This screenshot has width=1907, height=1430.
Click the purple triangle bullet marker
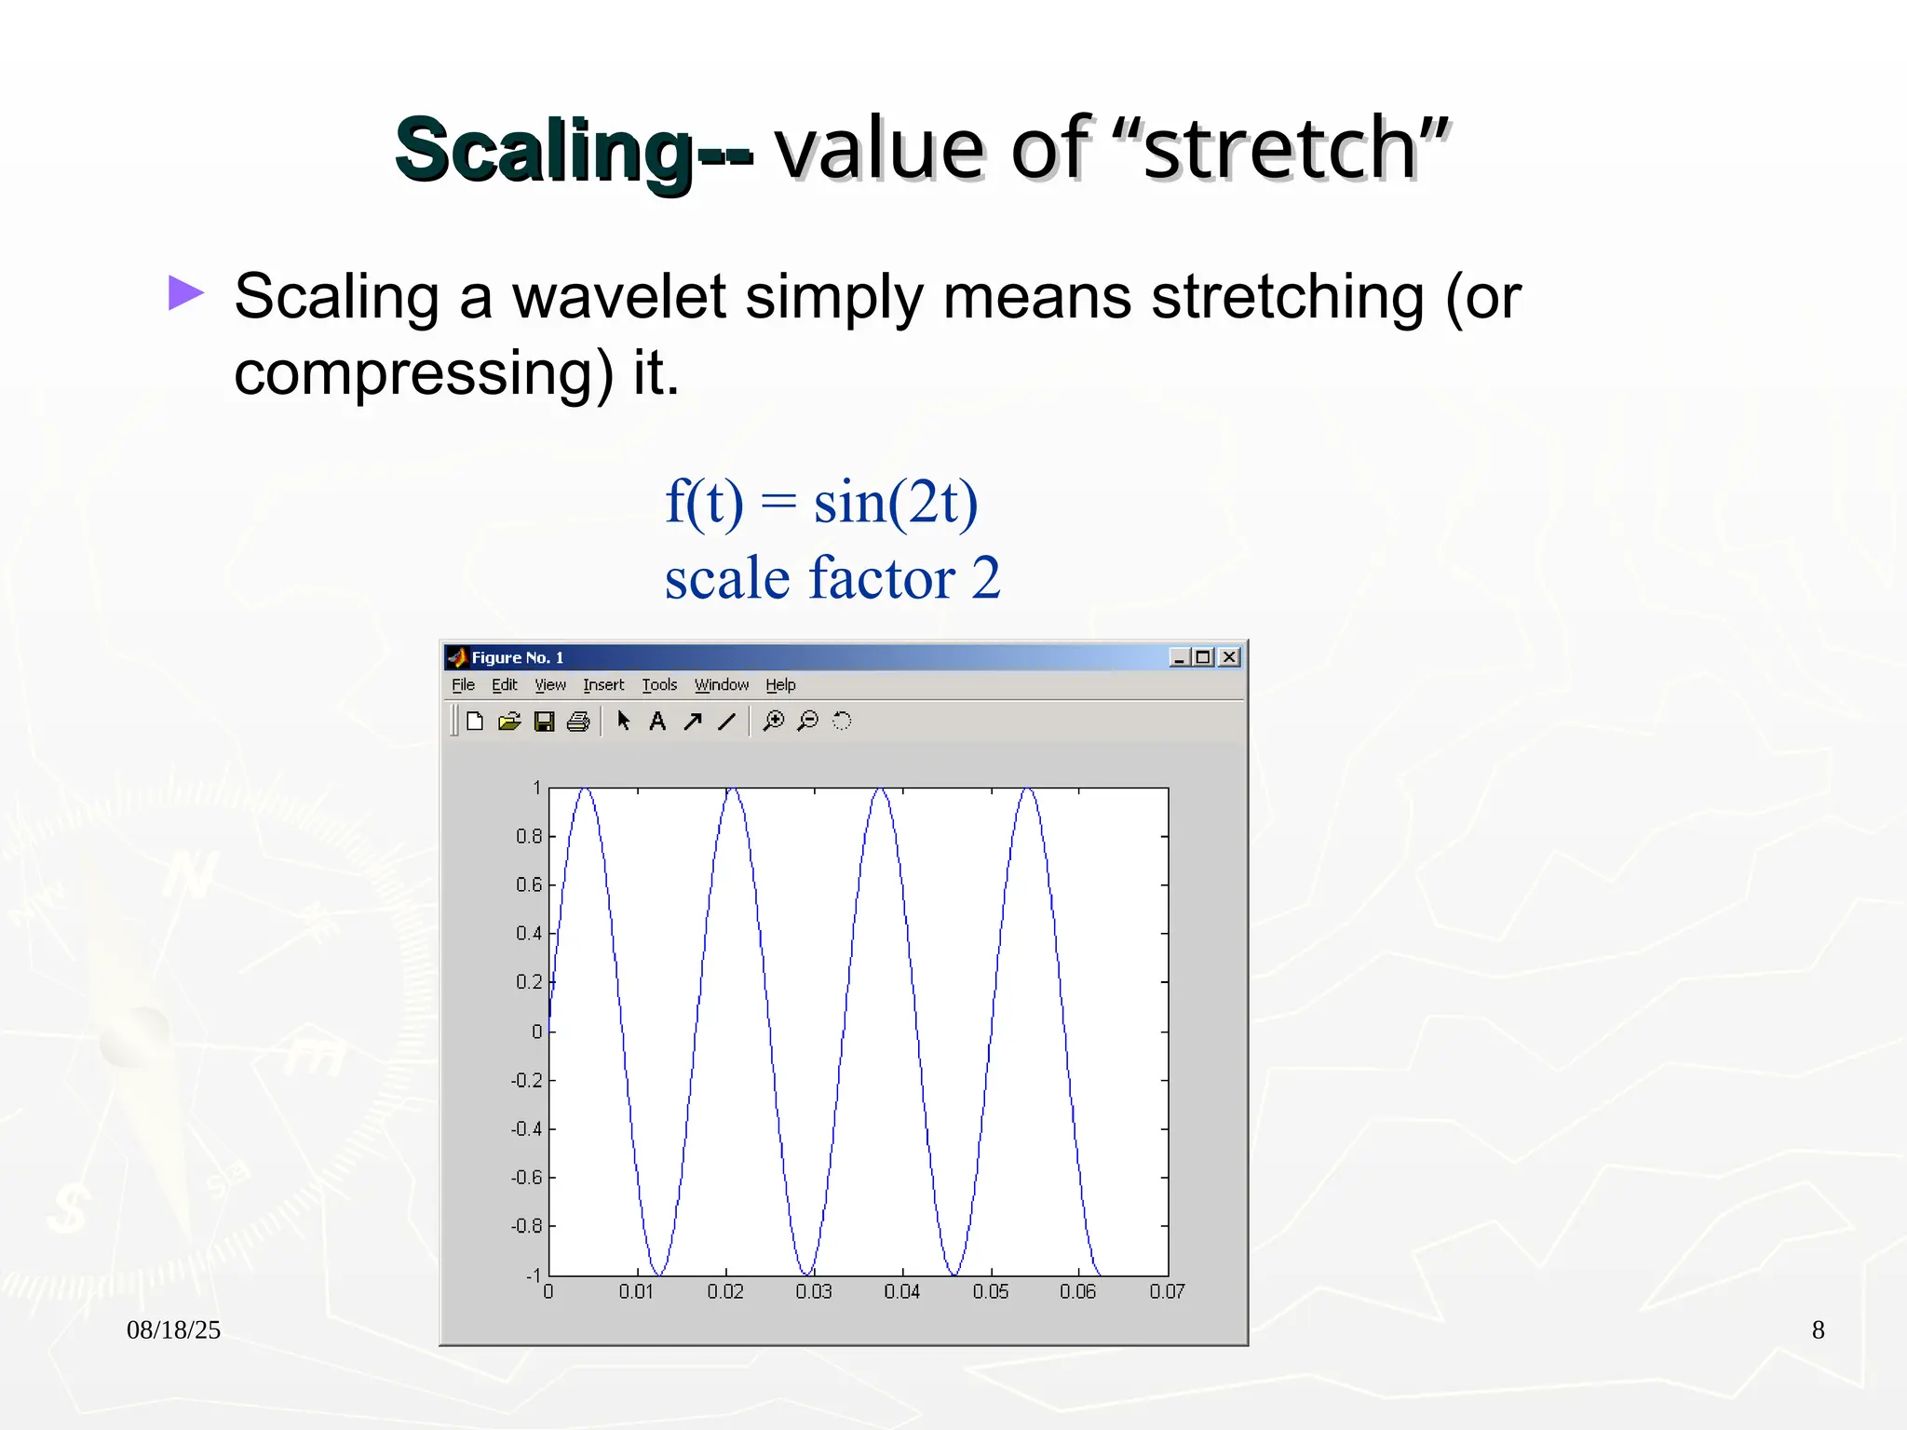(x=185, y=293)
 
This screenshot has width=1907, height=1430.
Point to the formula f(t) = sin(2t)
(x=821, y=502)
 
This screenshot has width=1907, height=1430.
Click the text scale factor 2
(x=832, y=578)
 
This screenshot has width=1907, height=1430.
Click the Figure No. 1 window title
(x=518, y=657)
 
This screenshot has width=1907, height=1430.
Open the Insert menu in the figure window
(x=603, y=685)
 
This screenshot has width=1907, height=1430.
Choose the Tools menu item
(x=659, y=685)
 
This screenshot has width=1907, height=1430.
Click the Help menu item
(x=780, y=685)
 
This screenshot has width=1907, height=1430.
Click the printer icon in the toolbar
(x=578, y=722)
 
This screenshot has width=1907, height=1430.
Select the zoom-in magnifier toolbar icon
(x=773, y=722)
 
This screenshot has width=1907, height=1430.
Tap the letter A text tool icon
(x=657, y=722)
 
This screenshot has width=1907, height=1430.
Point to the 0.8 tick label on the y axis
(x=529, y=836)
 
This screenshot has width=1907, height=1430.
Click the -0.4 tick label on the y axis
(x=526, y=1129)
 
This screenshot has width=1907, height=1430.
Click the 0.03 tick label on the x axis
(x=813, y=1292)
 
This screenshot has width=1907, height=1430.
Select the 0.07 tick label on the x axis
(x=1167, y=1292)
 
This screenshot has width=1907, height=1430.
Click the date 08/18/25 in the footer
(x=173, y=1329)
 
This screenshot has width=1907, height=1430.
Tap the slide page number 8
(x=1818, y=1329)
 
